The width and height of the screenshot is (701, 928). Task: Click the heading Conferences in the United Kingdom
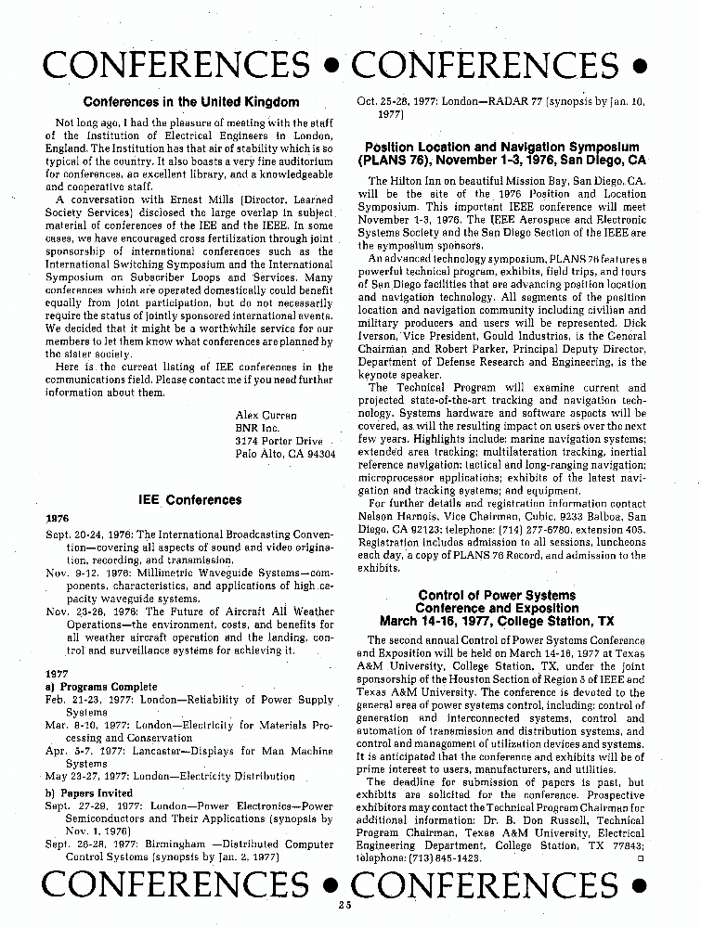(191, 101)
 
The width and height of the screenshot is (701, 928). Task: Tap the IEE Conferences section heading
(189, 500)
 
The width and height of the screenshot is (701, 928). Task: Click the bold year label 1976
(58, 518)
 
